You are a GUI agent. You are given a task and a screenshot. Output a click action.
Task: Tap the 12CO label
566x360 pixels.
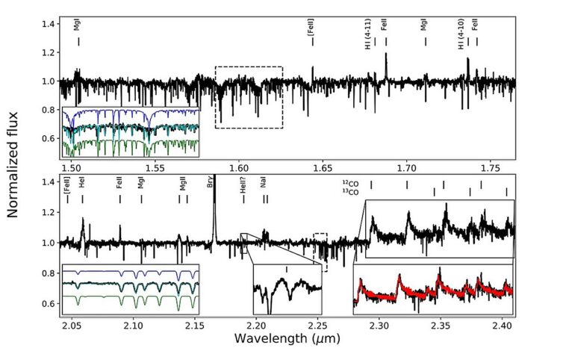pos(350,184)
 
